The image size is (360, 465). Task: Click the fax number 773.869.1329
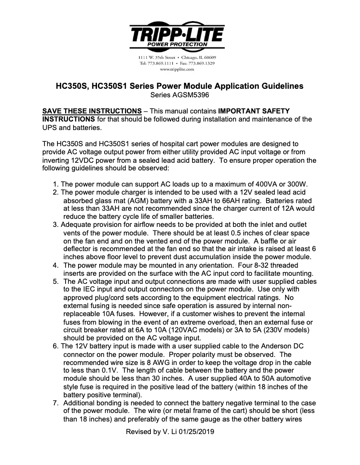pyautogui.click(x=203, y=63)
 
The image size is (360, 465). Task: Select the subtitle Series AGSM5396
pyautogui.click(x=180, y=95)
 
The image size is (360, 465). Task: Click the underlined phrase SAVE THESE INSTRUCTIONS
pyautogui.click(x=92, y=111)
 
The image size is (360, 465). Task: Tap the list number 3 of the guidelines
pyautogui.click(x=55, y=225)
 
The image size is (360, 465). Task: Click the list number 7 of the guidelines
pyautogui.click(x=55, y=403)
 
